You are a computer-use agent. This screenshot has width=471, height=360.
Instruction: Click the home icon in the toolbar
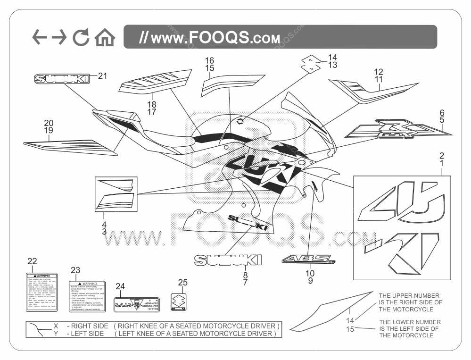pos(105,38)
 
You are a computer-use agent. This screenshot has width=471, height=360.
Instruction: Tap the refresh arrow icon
pos(81,38)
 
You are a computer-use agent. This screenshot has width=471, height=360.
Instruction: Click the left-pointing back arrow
pos(40,37)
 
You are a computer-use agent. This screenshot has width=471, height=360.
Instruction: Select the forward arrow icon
pos(59,37)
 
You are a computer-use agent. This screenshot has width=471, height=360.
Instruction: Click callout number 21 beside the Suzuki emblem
pos(103,75)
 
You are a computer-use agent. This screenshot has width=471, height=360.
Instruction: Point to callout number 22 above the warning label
pos(32,262)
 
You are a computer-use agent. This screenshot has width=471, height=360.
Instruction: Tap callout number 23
pos(75,270)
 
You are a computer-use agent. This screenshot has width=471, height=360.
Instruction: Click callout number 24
pos(120,286)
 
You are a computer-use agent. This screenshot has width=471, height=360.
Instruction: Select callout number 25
pos(182,283)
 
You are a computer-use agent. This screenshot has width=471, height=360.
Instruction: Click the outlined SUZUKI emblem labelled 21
pos(61,79)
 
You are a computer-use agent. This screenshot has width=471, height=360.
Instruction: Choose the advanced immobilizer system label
pos(137,304)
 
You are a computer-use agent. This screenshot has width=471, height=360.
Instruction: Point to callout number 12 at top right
pos(379,72)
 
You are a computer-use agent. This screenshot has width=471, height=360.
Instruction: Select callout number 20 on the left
pos(49,123)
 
